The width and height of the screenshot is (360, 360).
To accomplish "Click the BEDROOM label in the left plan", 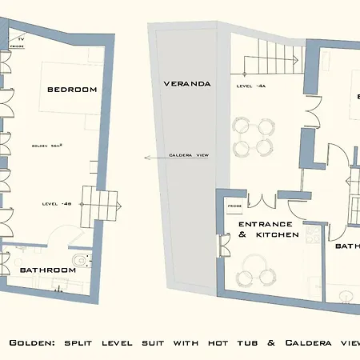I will click(72, 89).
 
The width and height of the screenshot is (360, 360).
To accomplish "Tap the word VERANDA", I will click(186, 82).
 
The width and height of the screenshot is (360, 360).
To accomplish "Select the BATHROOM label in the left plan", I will click(48, 270).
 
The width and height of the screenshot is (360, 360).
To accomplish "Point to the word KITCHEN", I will click(277, 235).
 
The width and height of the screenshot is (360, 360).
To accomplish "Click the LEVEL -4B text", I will click(56, 204).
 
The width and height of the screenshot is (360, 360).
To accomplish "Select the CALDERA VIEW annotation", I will click(189, 156).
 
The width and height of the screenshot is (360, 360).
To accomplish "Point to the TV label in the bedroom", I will click(22, 38).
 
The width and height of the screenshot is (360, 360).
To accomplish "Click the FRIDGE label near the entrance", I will click(234, 206).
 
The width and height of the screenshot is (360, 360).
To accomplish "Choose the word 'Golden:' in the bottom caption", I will click(31, 342).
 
